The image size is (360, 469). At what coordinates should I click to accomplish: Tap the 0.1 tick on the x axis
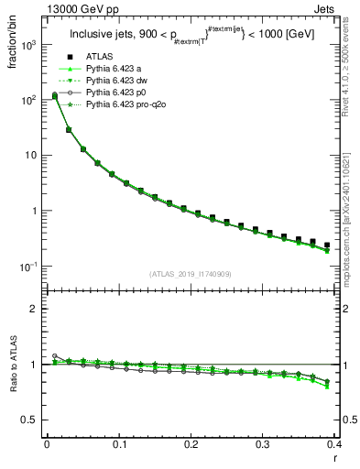point(119,442)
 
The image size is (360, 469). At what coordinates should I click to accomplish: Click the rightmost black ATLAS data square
point(327,245)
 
